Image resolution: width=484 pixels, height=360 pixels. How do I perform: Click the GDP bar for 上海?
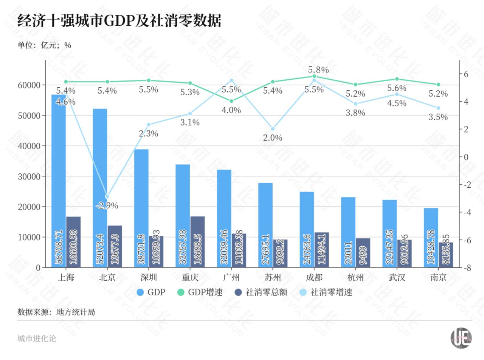pyautogui.click(x=59, y=181)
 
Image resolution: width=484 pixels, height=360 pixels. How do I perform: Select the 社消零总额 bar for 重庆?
pyautogui.click(x=197, y=242)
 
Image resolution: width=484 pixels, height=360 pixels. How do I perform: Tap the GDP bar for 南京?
pyautogui.click(x=431, y=238)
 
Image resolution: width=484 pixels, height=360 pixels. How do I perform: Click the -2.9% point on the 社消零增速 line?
pyautogui.click(x=107, y=197)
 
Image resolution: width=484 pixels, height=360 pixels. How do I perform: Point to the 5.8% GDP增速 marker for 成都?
pyautogui.click(x=314, y=76)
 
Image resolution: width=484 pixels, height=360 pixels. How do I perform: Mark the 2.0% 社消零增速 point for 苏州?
pyautogui.click(x=273, y=129)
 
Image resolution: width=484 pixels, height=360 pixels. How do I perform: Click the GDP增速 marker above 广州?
pyautogui.click(x=231, y=101)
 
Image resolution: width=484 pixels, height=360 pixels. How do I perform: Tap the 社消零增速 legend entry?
pyautogui.click(x=326, y=292)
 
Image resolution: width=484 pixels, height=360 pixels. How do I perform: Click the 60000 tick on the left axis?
pyautogui.click(x=29, y=85)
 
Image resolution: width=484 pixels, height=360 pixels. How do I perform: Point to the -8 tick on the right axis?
pyautogui.click(x=468, y=267)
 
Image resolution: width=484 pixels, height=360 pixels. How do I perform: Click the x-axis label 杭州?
pyautogui.click(x=355, y=278)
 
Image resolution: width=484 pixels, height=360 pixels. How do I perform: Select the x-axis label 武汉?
pyautogui.click(x=397, y=278)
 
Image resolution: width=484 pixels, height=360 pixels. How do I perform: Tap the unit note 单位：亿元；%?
pyautogui.click(x=44, y=45)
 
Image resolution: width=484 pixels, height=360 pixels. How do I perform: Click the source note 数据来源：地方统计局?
pyautogui.click(x=56, y=312)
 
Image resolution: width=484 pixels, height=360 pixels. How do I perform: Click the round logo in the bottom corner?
pyautogui.click(x=461, y=338)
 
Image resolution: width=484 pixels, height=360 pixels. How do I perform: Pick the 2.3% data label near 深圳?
pyautogui.click(x=148, y=133)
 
